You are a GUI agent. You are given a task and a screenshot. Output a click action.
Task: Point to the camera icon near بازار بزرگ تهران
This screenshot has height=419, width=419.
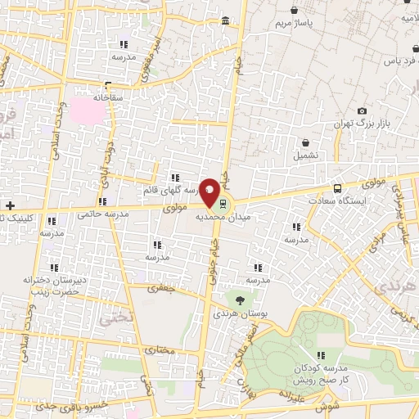click(x=362, y=111)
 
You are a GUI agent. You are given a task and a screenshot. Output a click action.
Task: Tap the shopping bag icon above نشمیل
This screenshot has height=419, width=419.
click(x=305, y=142)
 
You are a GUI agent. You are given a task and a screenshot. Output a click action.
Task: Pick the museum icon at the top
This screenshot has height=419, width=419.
click(x=226, y=20)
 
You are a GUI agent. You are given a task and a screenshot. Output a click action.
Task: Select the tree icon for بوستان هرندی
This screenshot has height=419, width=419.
click(x=239, y=300)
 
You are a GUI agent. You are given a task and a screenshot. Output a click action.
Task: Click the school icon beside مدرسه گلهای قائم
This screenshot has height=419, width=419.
click(x=173, y=177)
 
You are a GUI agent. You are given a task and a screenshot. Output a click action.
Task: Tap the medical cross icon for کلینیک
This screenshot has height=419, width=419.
click(x=10, y=205)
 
